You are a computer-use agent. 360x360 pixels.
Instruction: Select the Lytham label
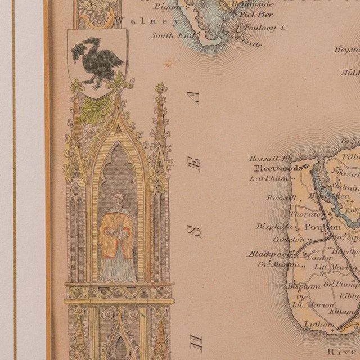(316, 324)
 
